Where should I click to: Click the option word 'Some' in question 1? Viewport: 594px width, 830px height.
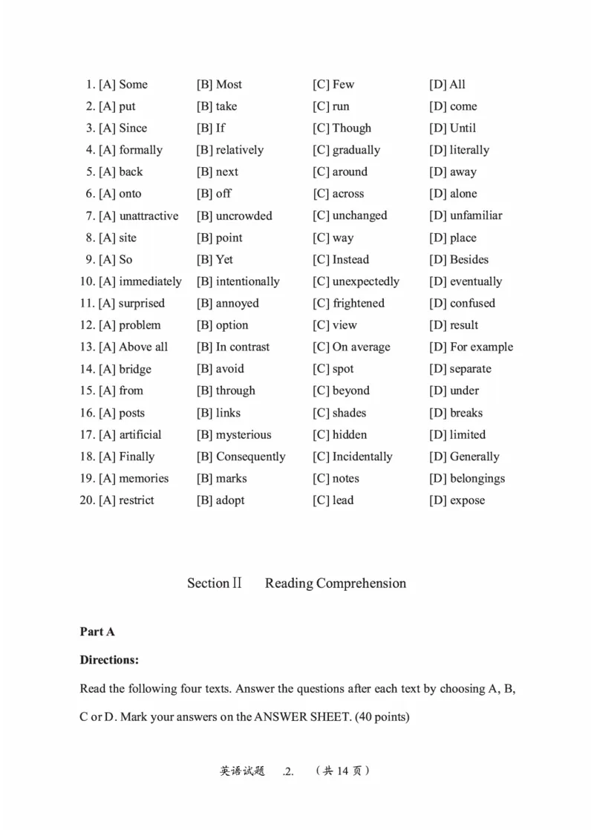(133, 85)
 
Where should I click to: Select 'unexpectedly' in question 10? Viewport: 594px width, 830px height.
(365, 281)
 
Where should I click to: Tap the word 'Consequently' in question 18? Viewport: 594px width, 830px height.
(250, 457)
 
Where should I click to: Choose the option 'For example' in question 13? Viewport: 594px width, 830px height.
(481, 347)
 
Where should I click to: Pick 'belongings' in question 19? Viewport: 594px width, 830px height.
(477, 478)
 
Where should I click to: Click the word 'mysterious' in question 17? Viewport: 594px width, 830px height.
(243, 434)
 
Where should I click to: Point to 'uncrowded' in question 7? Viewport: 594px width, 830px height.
(244, 215)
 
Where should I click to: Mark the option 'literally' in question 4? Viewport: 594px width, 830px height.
(469, 150)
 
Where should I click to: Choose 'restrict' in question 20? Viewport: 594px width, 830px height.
(137, 500)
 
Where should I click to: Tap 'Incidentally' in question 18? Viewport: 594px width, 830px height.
(362, 457)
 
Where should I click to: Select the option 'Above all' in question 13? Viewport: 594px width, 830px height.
(143, 347)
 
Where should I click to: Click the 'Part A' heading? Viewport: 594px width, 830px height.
(97, 631)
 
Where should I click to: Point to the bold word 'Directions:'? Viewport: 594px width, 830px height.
(109, 659)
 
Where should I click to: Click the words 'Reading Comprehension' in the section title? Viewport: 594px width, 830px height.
(336, 583)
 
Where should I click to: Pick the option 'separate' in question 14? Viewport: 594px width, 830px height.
(470, 369)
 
